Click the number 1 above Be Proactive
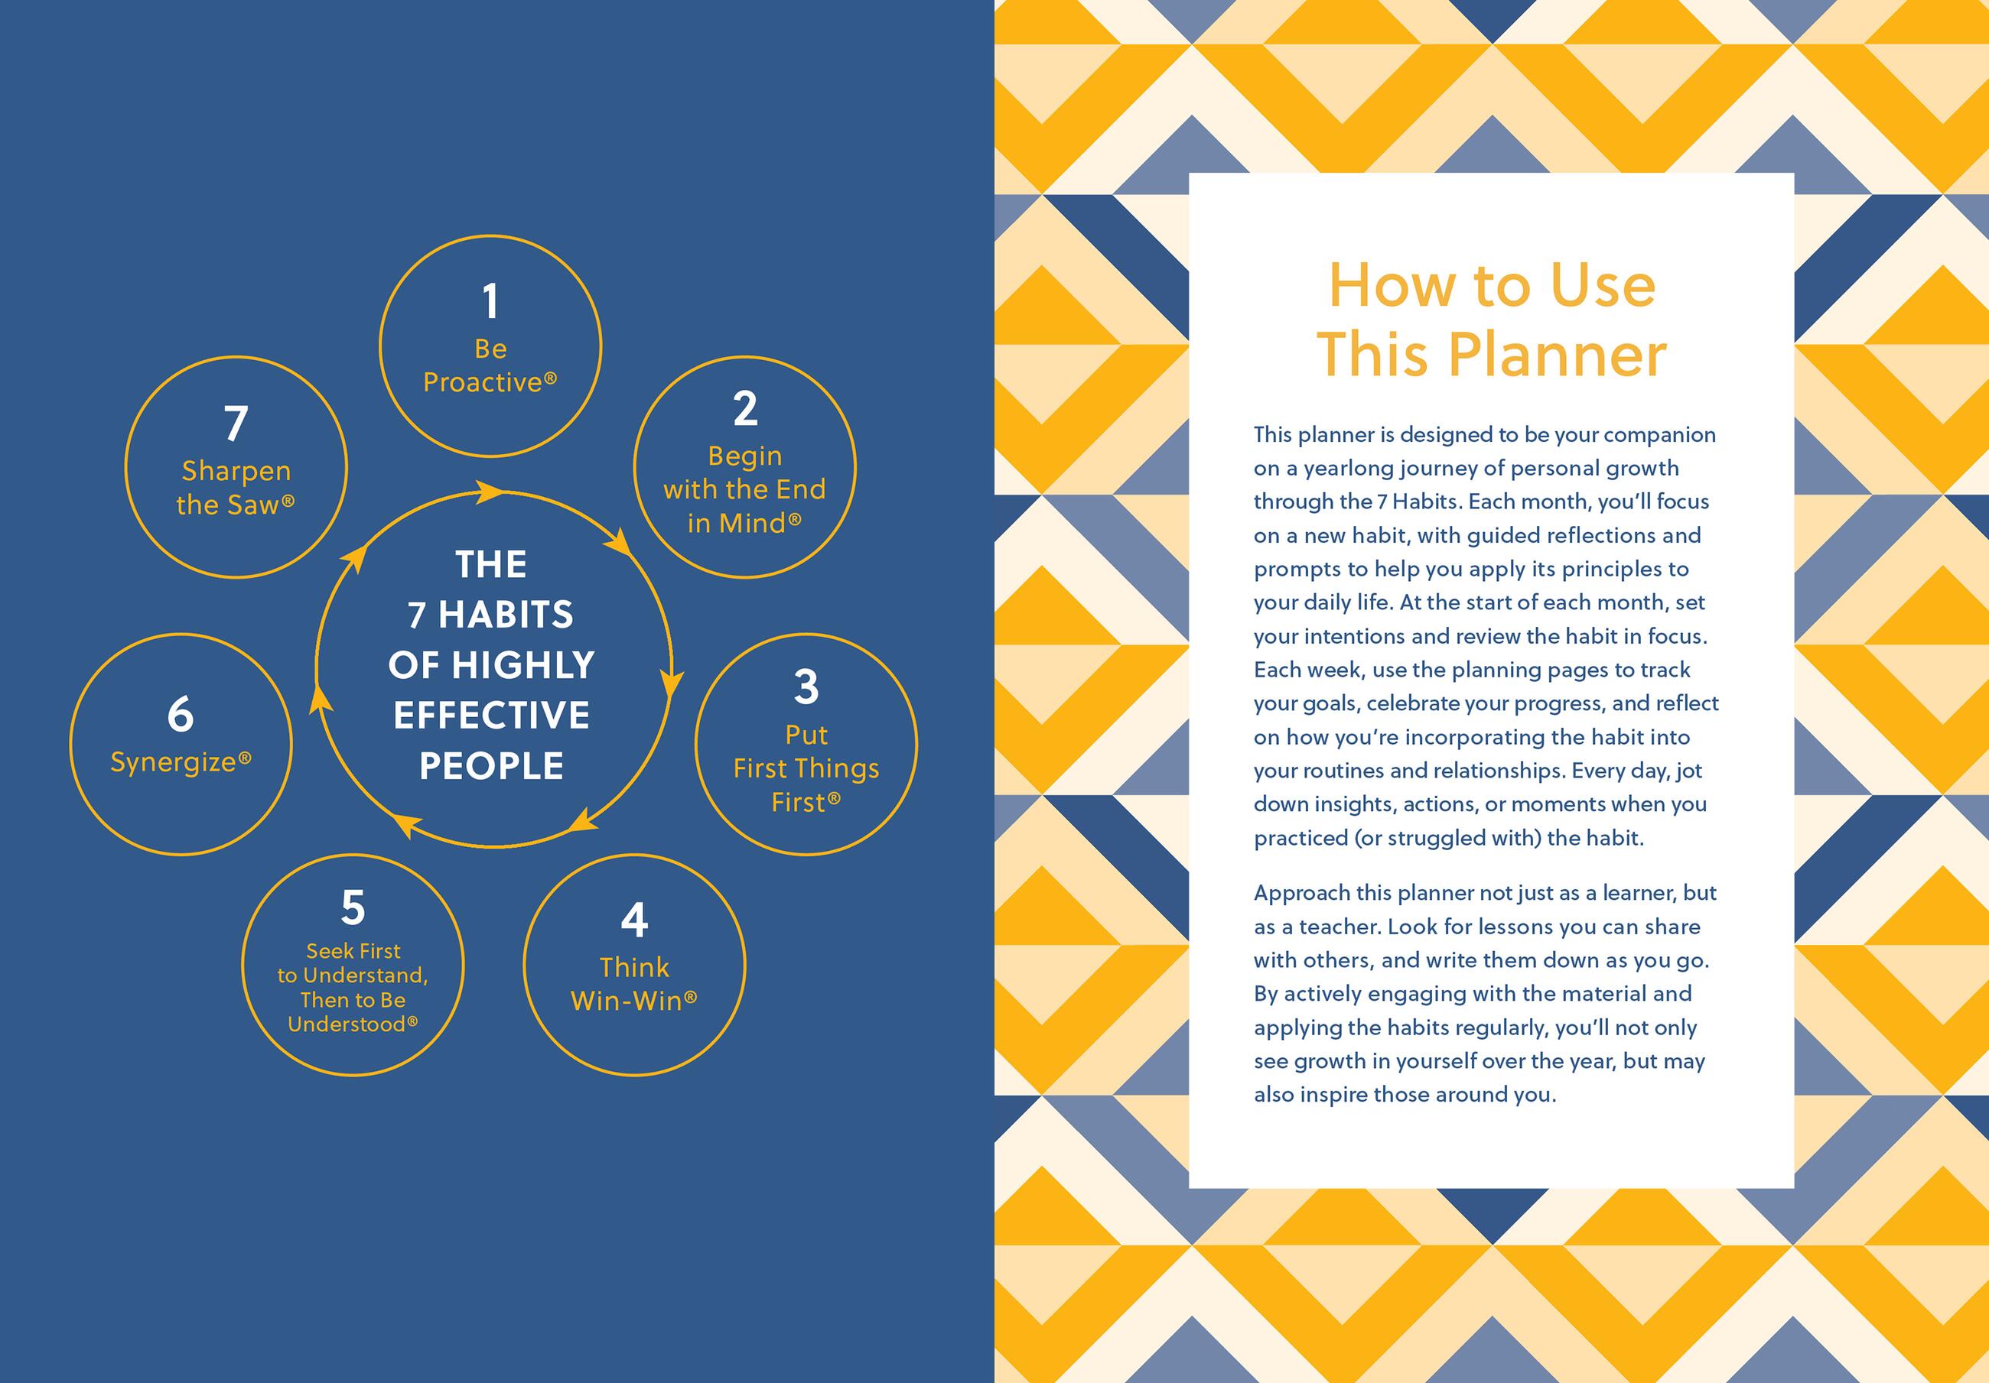point(490,301)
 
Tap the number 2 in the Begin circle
point(745,408)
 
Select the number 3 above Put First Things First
point(806,687)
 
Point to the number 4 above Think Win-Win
point(634,920)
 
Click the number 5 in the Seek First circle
point(353,907)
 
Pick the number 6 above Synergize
point(181,715)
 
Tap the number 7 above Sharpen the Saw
point(236,424)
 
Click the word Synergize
point(173,763)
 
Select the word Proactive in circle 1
point(483,383)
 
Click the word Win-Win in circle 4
point(627,1001)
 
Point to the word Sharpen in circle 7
point(236,472)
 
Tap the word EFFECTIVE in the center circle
point(491,716)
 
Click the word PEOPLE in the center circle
point(491,765)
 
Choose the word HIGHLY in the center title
point(523,665)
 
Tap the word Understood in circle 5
point(347,1024)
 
